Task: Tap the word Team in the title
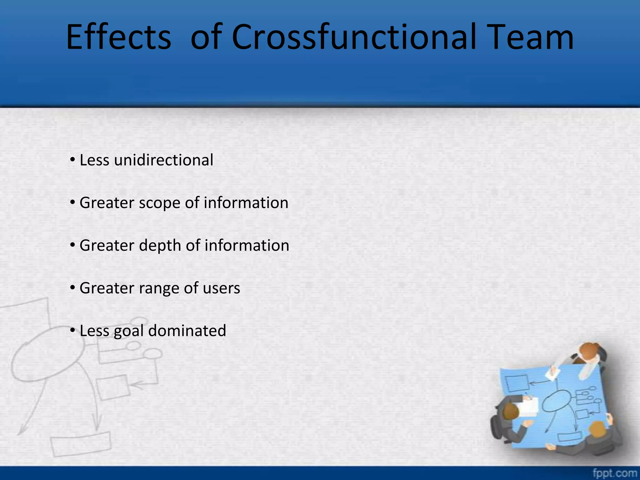[530, 37]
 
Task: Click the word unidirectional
[164, 160]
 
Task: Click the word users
[221, 288]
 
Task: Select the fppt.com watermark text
[615, 473]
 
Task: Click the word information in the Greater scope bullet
[246, 203]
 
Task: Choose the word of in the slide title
[206, 37]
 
